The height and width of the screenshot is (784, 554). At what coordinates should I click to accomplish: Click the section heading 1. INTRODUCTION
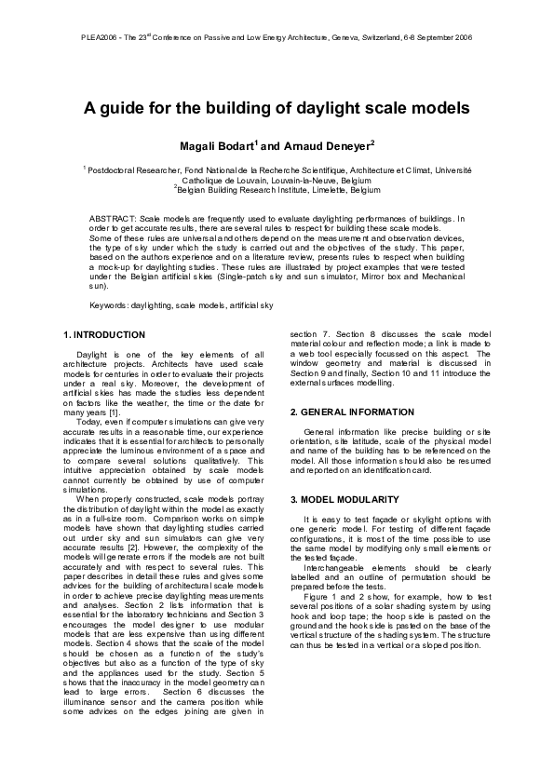(104, 334)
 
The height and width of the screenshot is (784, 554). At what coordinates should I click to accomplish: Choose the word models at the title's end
(439, 108)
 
